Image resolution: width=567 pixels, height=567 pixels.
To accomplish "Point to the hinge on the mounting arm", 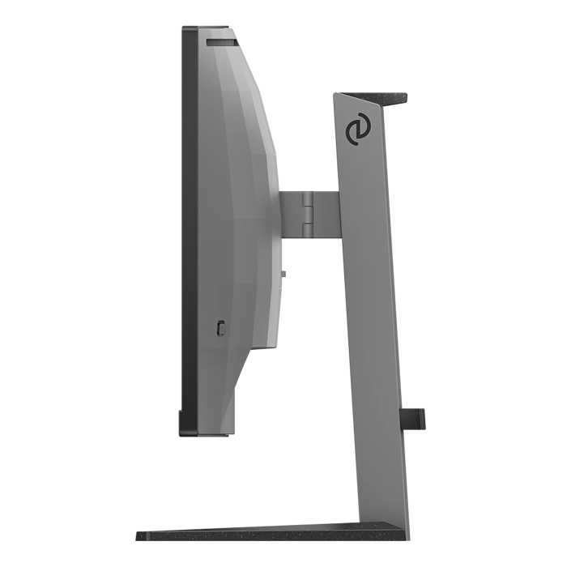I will (307, 215).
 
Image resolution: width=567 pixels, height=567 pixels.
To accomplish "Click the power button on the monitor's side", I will (223, 327).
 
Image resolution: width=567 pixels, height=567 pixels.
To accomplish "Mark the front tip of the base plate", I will (139, 537).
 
